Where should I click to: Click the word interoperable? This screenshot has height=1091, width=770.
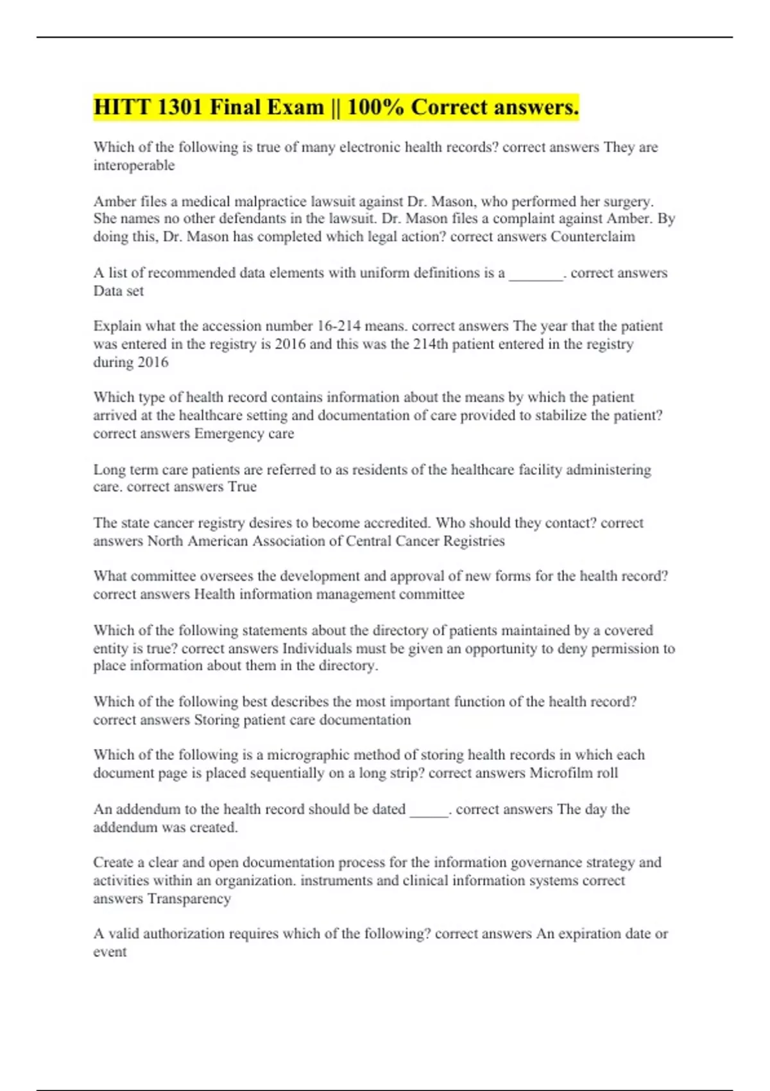click(x=133, y=166)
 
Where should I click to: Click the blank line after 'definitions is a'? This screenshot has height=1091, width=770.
click(x=536, y=274)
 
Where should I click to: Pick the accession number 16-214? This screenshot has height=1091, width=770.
click(x=339, y=326)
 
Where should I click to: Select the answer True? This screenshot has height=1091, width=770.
click(x=243, y=487)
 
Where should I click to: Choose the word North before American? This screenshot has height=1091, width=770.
click(x=166, y=541)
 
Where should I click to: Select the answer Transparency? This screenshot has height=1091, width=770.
click(x=189, y=898)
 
